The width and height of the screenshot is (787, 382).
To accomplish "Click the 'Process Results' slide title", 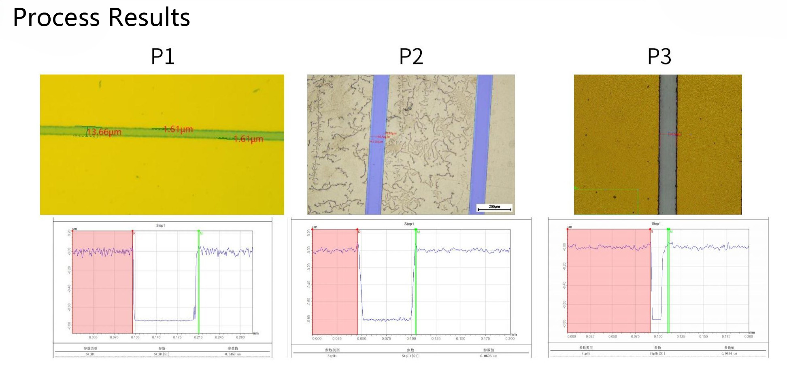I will point(101,18).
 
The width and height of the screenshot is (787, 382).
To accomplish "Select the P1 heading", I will point(163,56).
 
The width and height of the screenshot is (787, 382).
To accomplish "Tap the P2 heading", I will point(411,56).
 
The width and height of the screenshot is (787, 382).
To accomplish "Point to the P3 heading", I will point(659,56).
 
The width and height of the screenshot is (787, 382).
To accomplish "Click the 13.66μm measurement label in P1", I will point(104,132).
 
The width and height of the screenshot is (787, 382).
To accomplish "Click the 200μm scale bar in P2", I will point(494,208).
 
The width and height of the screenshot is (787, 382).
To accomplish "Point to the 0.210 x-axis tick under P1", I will point(198,337).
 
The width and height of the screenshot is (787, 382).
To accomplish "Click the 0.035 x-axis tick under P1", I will point(93,337).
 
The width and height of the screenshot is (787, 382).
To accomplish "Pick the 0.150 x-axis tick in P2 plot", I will point(460,339).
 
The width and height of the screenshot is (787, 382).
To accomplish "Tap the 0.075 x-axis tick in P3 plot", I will point(635,337).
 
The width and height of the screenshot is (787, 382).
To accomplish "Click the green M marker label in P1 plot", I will point(201,233).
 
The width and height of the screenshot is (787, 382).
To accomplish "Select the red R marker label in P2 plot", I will point(359,232).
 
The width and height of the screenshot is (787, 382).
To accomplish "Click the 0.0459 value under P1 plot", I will point(233,354).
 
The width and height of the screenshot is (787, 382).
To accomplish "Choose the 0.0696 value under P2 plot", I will point(489,356).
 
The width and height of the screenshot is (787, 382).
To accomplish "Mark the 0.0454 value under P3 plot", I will point(729,354).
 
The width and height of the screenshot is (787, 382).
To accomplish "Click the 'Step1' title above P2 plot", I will point(409,224).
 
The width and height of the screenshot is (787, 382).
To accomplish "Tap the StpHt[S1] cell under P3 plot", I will point(657,354).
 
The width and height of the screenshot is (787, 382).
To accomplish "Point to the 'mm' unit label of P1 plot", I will point(256,333).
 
